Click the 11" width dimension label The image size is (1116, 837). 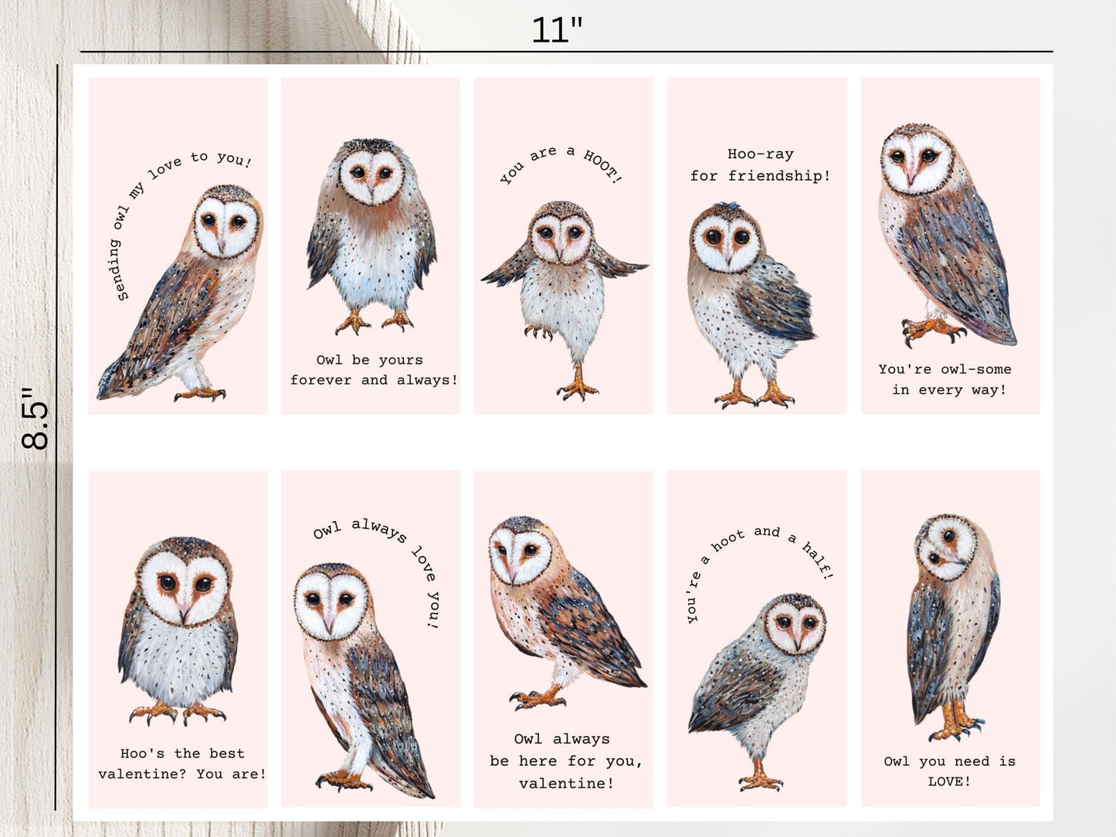tap(557, 30)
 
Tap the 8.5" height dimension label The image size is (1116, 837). tap(35, 418)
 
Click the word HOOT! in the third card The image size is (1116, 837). tap(603, 166)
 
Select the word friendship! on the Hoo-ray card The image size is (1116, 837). tap(779, 176)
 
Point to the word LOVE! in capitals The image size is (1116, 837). tap(949, 781)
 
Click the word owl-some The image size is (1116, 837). tap(975, 369)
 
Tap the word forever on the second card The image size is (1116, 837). tap(321, 380)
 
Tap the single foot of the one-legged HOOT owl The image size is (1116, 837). tap(578, 388)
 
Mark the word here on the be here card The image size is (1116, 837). tap(538, 761)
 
